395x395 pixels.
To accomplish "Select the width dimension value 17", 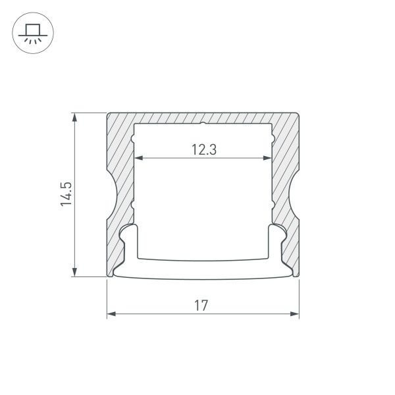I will pyautogui.click(x=201, y=305).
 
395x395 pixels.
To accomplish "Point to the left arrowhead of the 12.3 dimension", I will pyautogui.click(x=138, y=159).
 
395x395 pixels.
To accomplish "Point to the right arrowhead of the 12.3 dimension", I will pyautogui.click(x=268, y=159).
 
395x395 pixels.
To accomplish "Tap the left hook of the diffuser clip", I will pyautogui.click(x=130, y=230).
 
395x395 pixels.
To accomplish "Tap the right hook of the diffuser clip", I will pyautogui.click(x=276, y=230).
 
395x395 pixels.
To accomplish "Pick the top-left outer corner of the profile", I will pyautogui.click(x=107, y=114).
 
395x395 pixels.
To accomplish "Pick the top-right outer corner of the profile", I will pyautogui.click(x=298, y=114).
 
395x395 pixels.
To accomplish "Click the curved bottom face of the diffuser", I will pyautogui.click(x=203, y=276).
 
